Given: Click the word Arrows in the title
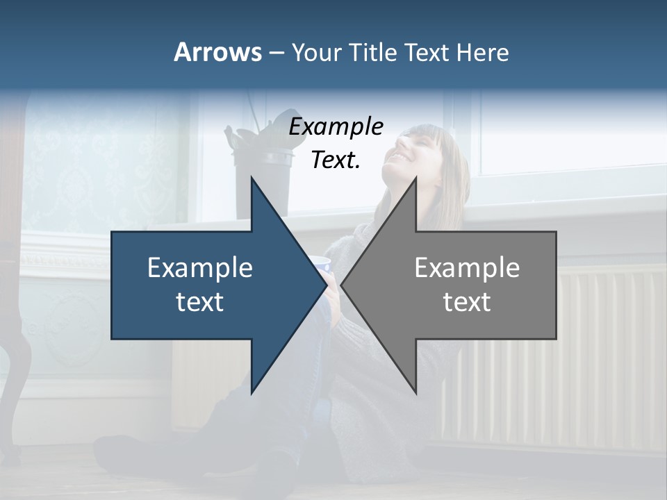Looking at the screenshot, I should [217, 52].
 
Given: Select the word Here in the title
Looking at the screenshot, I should [483, 52].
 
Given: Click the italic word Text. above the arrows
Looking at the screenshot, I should [336, 160].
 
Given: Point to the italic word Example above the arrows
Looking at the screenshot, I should [336, 127].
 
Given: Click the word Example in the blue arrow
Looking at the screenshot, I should [199, 267].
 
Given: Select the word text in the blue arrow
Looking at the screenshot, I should [199, 302].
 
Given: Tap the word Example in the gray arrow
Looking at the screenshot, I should [467, 267].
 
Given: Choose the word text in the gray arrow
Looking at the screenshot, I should [467, 302].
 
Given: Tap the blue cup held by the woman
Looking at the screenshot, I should [322, 265].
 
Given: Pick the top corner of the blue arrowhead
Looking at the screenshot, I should [252, 178].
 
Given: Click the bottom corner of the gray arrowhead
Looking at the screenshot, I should [416, 392].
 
